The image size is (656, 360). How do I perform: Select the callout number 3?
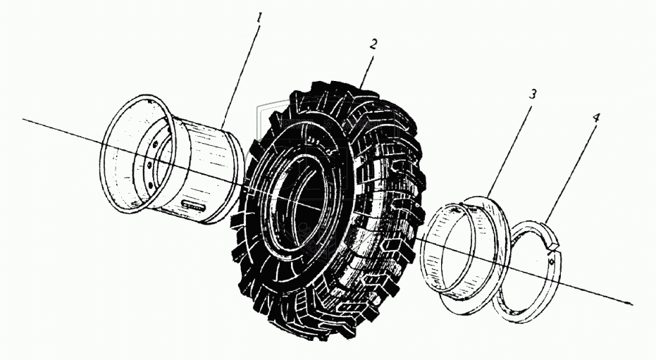tap(533, 94)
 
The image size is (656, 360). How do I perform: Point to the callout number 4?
tap(595, 118)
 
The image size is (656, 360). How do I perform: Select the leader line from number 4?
tap(572, 169)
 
